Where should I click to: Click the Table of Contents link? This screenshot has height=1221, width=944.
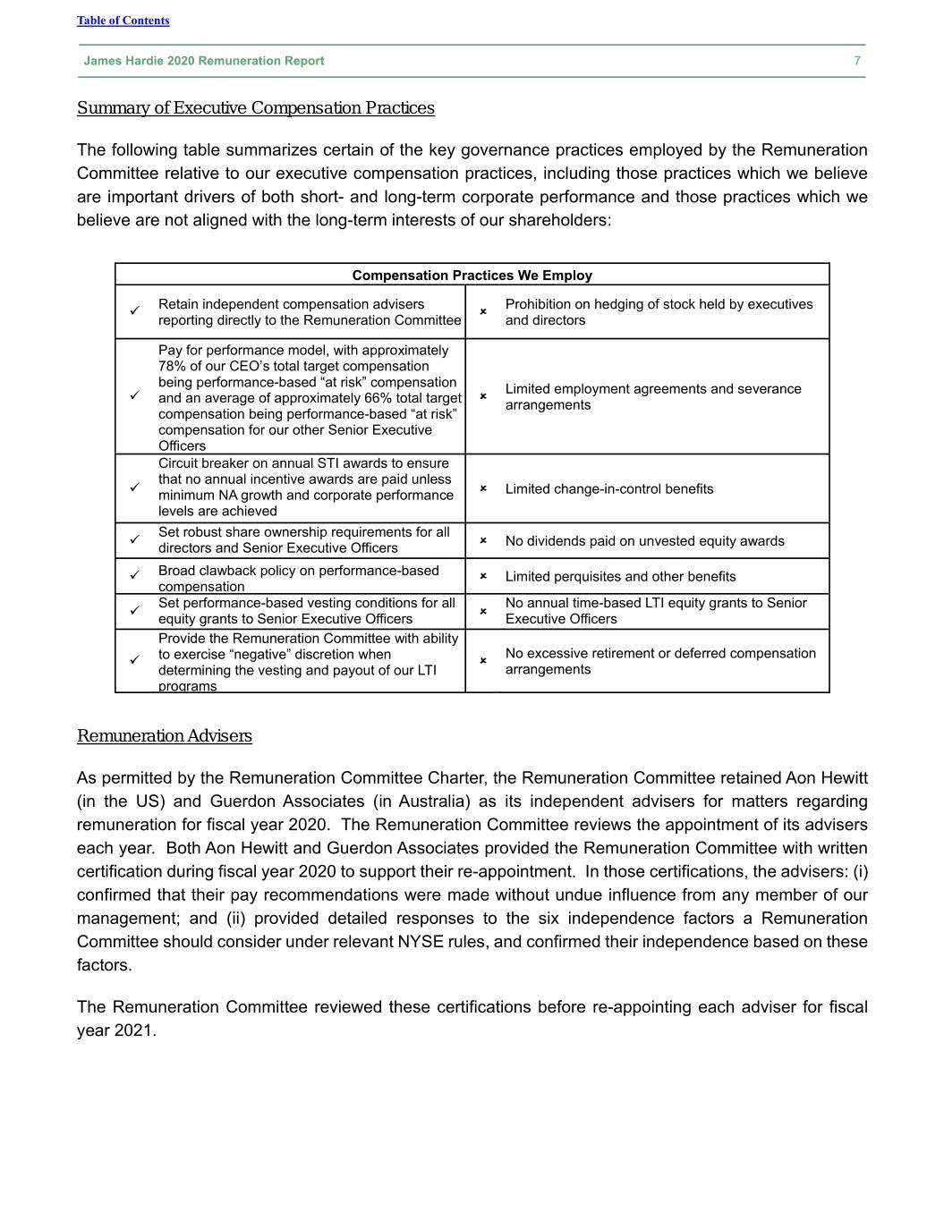click(x=123, y=21)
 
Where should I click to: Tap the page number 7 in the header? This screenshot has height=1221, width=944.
click(x=857, y=61)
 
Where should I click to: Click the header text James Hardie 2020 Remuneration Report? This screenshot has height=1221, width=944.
click(x=204, y=61)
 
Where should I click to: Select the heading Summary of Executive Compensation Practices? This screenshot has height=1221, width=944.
click(x=255, y=108)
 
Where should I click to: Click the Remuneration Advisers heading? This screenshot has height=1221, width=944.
click(x=164, y=736)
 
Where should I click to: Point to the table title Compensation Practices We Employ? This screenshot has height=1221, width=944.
click(x=472, y=276)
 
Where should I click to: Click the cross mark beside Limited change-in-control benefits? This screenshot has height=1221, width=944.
click(x=482, y=488)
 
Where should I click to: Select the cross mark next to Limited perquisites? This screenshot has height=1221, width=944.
click(x=482, y=576)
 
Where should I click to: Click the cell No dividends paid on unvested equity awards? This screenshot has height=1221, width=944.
click(x=644, y=541)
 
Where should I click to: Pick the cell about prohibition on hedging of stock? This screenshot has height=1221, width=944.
click(x=659, y=312)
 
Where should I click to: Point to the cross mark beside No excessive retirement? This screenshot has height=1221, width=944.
click(x=482, y=660)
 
